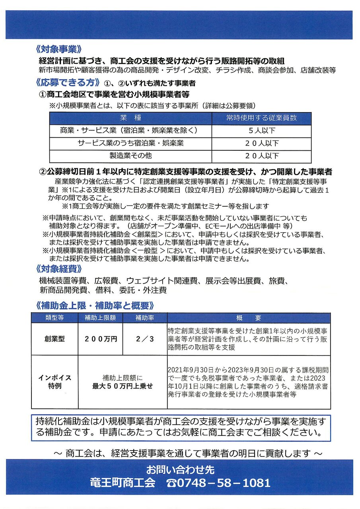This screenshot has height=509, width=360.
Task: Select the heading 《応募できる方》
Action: pos(67,83)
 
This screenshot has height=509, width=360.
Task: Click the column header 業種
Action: pos(130,118)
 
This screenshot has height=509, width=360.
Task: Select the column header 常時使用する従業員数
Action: pos(261,118)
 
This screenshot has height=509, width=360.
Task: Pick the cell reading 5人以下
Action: pos(261,130)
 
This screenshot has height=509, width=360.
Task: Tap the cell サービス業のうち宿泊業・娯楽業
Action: pos(130,143)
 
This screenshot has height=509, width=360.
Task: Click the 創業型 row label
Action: pos(54,339)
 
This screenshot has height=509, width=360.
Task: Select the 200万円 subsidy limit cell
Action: pos(101,339)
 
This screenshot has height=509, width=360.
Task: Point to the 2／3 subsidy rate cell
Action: pos(145,339)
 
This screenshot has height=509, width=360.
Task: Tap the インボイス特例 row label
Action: pos(54,382)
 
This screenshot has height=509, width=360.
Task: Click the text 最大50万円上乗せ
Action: pos(123,386)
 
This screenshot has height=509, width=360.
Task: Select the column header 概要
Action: pos(249,318)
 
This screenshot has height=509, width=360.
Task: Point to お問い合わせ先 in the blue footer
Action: pos(180,470)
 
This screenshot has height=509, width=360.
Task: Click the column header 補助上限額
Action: pos(100,318)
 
